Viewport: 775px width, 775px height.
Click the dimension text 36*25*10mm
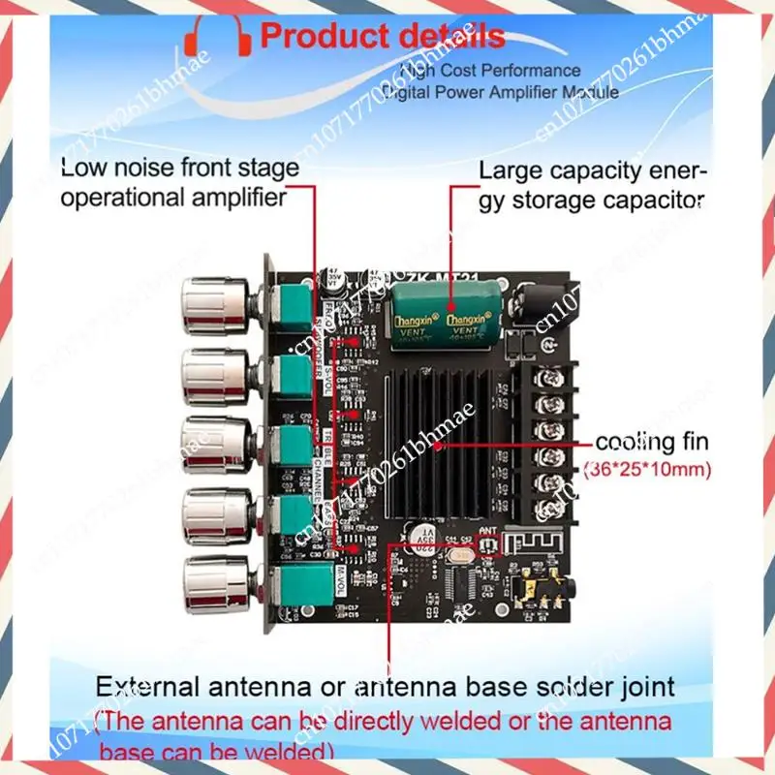point(647,472)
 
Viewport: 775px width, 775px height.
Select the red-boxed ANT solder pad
point(488,547)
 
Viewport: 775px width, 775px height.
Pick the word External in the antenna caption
point(155,689)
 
